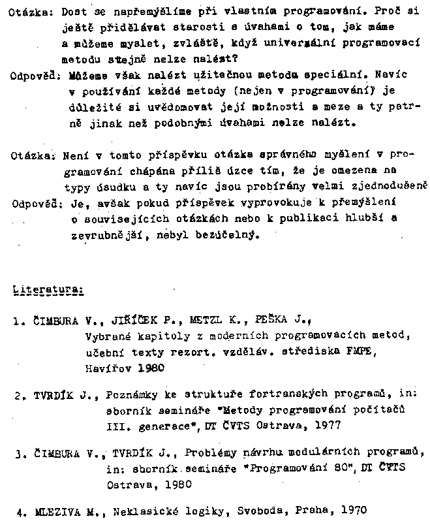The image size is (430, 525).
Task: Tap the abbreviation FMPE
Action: click(x=363, y=352)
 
